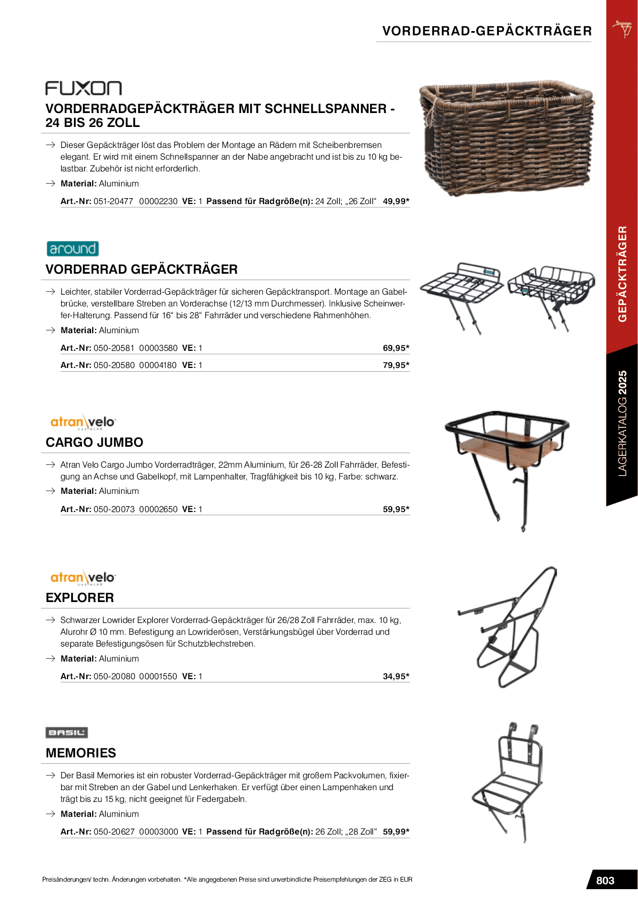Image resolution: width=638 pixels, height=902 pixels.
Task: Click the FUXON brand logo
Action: coord(84,88)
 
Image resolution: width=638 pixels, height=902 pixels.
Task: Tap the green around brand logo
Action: coord(73,249)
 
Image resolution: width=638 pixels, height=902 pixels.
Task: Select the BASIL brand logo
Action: coord(66,732)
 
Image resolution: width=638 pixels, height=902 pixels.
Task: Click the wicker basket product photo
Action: coord(506,138)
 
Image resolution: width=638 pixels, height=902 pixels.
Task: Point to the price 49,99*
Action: coord(396,201)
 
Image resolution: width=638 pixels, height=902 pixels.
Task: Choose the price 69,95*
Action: coord(396,348)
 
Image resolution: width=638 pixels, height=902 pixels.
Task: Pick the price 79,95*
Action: coord(396,365)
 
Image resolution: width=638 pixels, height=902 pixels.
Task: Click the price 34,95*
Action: coord(396,676)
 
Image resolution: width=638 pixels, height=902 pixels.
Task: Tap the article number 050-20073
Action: coord(114,509)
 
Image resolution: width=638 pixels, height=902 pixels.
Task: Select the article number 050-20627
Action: coord(114,832)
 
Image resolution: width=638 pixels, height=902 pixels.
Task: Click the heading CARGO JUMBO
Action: coord(94,442)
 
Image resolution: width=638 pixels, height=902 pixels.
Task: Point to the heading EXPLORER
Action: coord(80,598)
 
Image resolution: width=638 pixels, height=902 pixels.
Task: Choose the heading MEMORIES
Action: coord(81,753)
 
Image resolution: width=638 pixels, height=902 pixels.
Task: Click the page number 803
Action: coord(605,881)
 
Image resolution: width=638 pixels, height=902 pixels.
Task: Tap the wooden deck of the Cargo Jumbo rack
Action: coord(506,446)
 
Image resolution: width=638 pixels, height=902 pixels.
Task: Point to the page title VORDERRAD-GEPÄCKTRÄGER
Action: coord(487,31)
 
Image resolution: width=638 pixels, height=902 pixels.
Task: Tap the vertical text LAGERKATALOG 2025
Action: coord(622,423)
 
